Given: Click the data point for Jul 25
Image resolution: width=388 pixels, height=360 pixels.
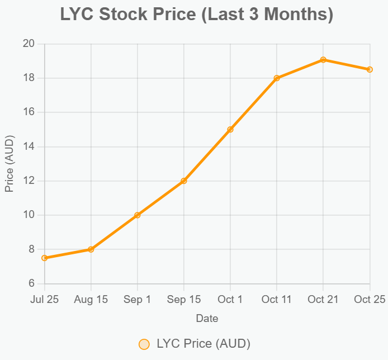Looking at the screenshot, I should click(45, 258).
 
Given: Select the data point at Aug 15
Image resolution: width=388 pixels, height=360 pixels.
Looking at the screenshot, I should click(91, 249).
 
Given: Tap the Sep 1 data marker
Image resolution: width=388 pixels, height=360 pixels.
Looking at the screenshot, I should click(138, 215).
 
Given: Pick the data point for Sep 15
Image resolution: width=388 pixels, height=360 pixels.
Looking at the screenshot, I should click(184, 181).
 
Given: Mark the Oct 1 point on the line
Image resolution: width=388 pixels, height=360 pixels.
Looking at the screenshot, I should click(230, 130).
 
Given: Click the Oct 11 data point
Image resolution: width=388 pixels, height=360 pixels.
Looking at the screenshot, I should click(277, 78).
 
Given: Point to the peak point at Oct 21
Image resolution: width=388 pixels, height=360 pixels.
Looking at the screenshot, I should click(323, 60).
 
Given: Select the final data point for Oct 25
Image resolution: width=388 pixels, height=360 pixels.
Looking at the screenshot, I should click(370, 69).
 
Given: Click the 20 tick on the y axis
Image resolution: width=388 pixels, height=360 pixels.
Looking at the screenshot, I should click(29, 44).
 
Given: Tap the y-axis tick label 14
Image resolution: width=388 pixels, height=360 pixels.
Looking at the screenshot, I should click(29, 146).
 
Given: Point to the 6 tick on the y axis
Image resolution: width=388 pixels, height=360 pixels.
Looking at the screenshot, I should click(31, 284).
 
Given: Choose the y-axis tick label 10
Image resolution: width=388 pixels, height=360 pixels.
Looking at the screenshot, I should click(29, 215).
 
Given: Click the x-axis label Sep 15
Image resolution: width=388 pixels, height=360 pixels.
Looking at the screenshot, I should click(184, 300).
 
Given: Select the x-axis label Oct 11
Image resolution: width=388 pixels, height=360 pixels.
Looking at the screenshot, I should click(277, 300).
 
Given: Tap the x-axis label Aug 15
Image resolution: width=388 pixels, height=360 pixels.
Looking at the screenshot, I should click(91, 300).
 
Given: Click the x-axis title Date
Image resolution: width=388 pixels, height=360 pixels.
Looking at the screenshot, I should click(207, 319).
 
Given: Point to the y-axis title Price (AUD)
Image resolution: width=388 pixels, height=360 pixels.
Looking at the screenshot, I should click(10, 164).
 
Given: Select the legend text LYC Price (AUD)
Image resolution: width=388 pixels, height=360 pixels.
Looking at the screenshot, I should click(203, 344).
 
